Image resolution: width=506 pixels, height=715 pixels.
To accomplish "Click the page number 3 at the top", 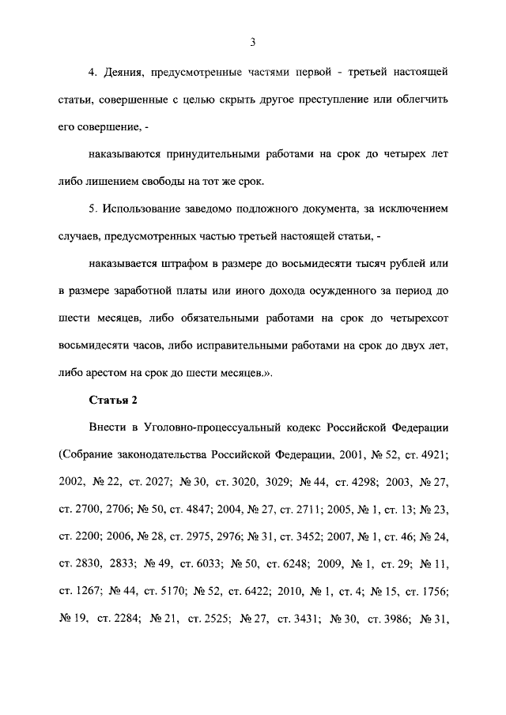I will pos(252,42).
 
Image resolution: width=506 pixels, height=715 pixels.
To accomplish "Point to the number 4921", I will pos(432,456).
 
